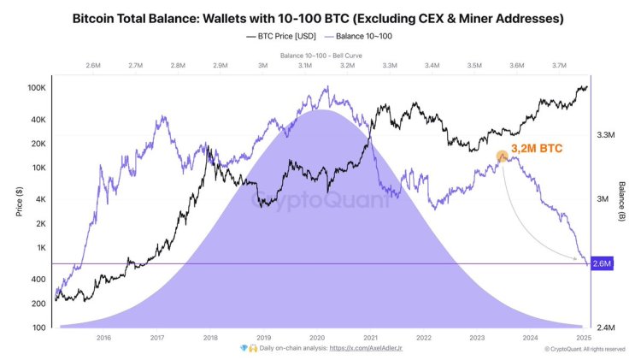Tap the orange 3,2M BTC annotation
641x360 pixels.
(536, 149)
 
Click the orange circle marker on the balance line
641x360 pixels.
(502, 156)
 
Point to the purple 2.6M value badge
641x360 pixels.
(603, 263)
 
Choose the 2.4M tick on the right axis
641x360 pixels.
(606, 328)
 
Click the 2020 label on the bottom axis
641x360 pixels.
(317, 338)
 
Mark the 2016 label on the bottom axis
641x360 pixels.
(103, 338)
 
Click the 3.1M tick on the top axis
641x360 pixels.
(305, 65)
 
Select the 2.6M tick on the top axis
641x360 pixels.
(94, 65)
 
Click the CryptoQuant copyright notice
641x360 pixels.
(591, 349)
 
